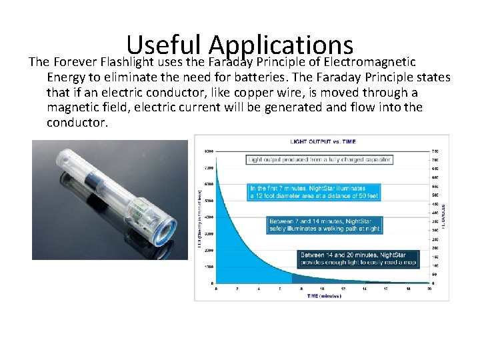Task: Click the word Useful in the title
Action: pos(164,45)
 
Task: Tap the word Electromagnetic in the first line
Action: pos(369,62)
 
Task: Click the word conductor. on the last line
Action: pos(77,122)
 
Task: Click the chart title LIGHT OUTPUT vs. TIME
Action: pos(322,141)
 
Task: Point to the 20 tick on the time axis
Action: pos(429,289)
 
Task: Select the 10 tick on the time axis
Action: pos(323,289)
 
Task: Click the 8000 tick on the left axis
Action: pos(209,150)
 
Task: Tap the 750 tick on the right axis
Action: pos(435,150)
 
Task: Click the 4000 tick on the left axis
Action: pos(209,217)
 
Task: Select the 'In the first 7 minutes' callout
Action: pos(314,192)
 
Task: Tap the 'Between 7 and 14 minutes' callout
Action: pos(325,225)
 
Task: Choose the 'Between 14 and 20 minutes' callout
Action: pos(359,259)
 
